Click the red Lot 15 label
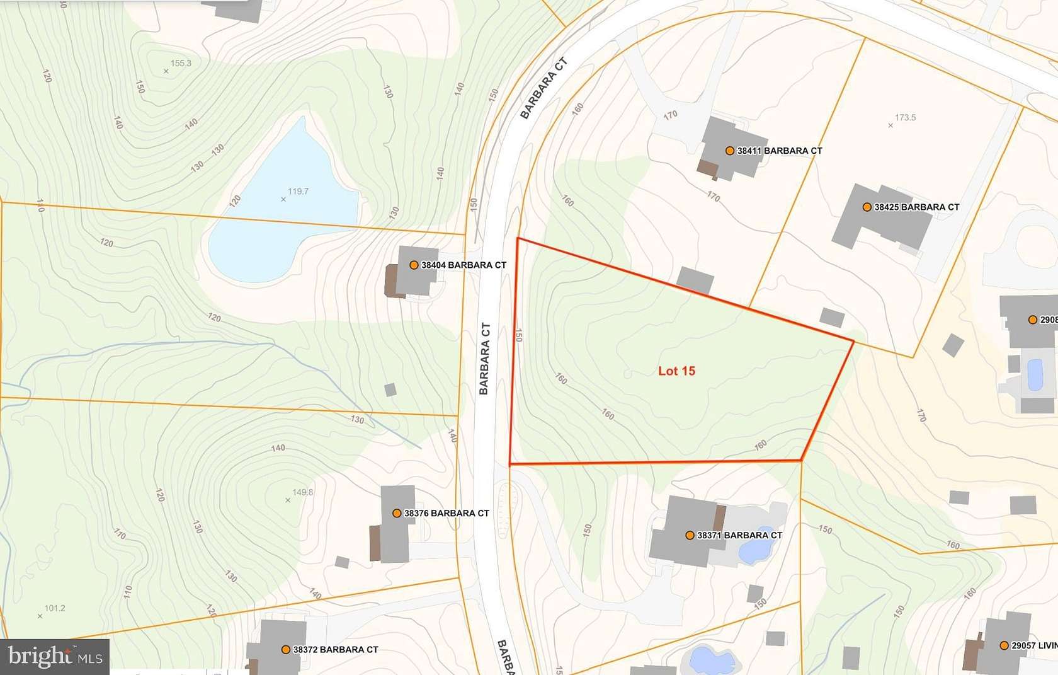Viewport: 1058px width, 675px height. (676, 371)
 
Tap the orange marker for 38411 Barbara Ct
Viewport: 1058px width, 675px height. (730, 151)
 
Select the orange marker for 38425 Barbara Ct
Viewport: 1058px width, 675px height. (867, 207)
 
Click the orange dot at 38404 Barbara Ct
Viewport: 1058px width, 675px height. (414, 265)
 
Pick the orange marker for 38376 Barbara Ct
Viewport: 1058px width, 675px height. (397, 513)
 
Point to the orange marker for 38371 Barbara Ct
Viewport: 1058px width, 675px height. (690, 535)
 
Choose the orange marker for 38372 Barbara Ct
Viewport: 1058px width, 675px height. (286, 649)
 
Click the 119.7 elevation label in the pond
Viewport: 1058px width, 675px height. (298, 192)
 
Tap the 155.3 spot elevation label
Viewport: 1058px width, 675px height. (181, 63)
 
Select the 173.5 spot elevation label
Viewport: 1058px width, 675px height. (905, 118)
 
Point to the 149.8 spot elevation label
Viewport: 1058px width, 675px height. (302, 492)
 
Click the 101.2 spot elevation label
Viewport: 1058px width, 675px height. (55, 608)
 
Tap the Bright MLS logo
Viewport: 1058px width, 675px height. (55, 657)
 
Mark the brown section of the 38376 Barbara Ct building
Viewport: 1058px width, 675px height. (375, 543)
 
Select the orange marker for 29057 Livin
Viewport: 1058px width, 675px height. (1004, 645)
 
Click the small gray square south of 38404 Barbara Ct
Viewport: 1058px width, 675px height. (390, 389)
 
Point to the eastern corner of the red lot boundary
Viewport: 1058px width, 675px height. (853, 342)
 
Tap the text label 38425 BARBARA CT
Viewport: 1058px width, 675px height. (916, 207)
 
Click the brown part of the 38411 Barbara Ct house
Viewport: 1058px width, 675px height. (708, 168)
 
